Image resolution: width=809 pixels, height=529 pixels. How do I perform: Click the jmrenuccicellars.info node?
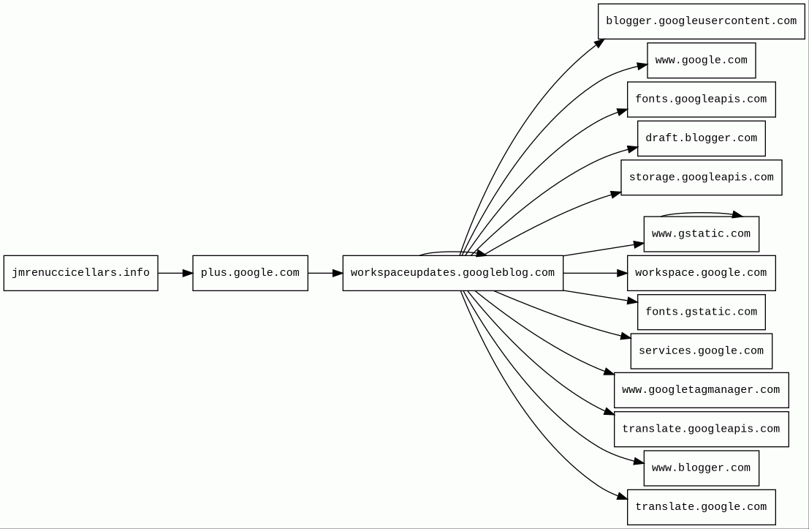[x=80, y=273]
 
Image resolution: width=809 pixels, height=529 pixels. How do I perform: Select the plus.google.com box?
[x=250, y=273]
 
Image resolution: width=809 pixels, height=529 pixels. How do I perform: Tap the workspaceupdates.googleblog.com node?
[x=452, y=273]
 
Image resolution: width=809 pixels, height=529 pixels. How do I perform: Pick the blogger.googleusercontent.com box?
[x=701, y=21]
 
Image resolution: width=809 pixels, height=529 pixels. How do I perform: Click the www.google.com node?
[x=701, y=60]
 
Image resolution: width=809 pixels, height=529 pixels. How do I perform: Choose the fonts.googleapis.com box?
[x=701, y=100]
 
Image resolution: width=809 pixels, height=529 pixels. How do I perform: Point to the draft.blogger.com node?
[x=701, y=138]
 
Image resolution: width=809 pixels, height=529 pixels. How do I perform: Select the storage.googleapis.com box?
[x=701, y=178]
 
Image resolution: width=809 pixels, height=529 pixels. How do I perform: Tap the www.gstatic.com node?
[x=701, y=234]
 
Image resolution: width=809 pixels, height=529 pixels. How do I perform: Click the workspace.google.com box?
[x=701, y=273]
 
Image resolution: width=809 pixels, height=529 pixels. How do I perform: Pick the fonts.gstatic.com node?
[x=701, y=312]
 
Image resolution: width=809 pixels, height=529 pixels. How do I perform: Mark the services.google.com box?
[x=701, y=351]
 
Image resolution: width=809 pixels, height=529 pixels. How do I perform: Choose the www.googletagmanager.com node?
[x=701, y=390]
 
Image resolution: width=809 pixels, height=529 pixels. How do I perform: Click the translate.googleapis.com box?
[x=701, y=429]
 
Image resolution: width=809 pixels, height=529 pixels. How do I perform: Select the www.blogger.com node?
[x=701, y=468]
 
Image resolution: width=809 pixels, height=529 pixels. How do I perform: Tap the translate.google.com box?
[x=701, y=507]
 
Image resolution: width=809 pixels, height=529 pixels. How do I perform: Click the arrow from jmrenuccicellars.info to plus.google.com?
[x=175, y=273]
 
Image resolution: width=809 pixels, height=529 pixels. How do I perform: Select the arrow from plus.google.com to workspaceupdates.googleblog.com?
[x=325, y=273]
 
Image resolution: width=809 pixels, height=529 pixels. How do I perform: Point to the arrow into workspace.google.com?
[x=595, y=273]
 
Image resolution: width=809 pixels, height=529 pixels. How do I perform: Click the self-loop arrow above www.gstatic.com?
[x=701, y=214]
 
